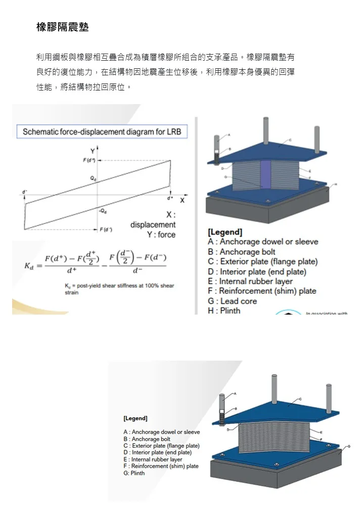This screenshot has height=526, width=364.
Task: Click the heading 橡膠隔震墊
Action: click(x=63, y=27)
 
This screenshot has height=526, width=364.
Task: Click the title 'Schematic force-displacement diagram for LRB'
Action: click(x=102, y=132)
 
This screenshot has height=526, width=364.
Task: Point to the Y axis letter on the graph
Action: click(x=92, y=151)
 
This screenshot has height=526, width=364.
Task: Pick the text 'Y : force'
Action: click(x=161, y=235)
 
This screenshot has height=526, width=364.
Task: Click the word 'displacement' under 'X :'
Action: click(x=153, y=225)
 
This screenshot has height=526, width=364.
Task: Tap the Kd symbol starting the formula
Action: click(x=29, y=266)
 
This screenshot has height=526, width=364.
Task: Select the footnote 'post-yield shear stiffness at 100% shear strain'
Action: click(x=119, y=289)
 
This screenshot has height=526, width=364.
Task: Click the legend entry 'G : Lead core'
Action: click(x=232, y=301)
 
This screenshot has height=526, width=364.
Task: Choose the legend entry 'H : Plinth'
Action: click(x=224, y=311)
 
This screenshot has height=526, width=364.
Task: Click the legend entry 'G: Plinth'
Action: click(x=134, y=473)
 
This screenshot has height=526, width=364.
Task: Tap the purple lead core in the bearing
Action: click(x=266, y=174)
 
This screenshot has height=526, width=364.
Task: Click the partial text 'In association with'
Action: click(x=327, y=314)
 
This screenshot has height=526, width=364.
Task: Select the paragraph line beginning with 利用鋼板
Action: click(x=165, y=57)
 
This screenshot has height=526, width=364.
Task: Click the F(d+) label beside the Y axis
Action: click(x=90, y=160)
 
